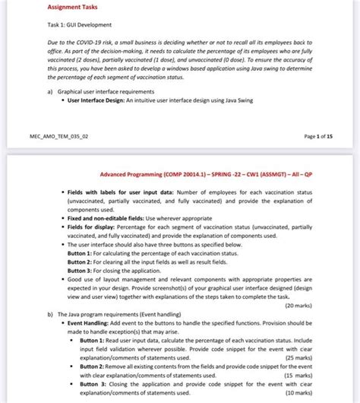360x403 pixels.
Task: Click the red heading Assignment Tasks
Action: coord(73,8)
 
